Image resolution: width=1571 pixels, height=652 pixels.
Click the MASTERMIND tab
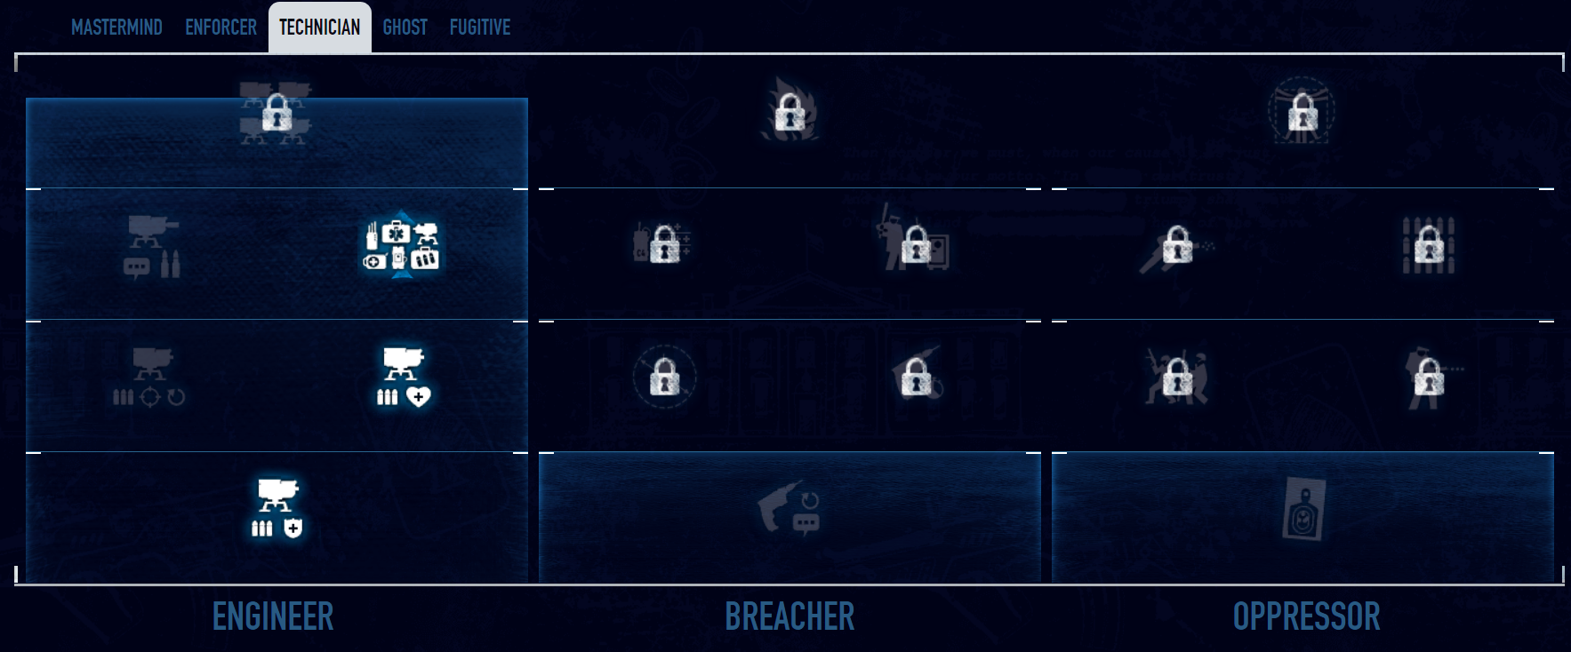tap(116, 28)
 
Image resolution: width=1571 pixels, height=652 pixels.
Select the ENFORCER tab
tap(220, 28)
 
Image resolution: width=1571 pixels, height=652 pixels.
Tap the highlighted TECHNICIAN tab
tap(319, 28)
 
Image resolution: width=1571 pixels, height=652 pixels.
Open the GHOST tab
tap(405, 28)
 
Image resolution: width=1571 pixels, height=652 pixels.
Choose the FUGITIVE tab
tap(479, 28)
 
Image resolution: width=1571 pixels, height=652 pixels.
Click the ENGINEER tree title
tap(273, 616)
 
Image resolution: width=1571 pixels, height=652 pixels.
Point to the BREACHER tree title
tap(790, 616)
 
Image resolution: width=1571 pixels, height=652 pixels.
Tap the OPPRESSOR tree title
tap(1306, 616)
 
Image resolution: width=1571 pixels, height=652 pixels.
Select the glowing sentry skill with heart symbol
tap(403, 377)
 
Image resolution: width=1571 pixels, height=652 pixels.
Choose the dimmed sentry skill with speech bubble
tap(152, 246)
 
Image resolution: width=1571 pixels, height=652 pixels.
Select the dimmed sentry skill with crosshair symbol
tap(149, 377)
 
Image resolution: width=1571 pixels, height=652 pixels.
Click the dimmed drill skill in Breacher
tap(790, 509)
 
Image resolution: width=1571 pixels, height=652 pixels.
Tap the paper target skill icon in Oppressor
tap(1303, 509)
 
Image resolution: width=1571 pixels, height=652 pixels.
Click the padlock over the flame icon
tap(790, 114)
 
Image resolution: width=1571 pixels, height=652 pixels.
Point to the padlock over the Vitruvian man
tap(1302, 114)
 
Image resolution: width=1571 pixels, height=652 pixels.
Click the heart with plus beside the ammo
tap(418, 396)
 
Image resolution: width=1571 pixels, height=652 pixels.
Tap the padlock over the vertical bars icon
tap(1428, 244)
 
